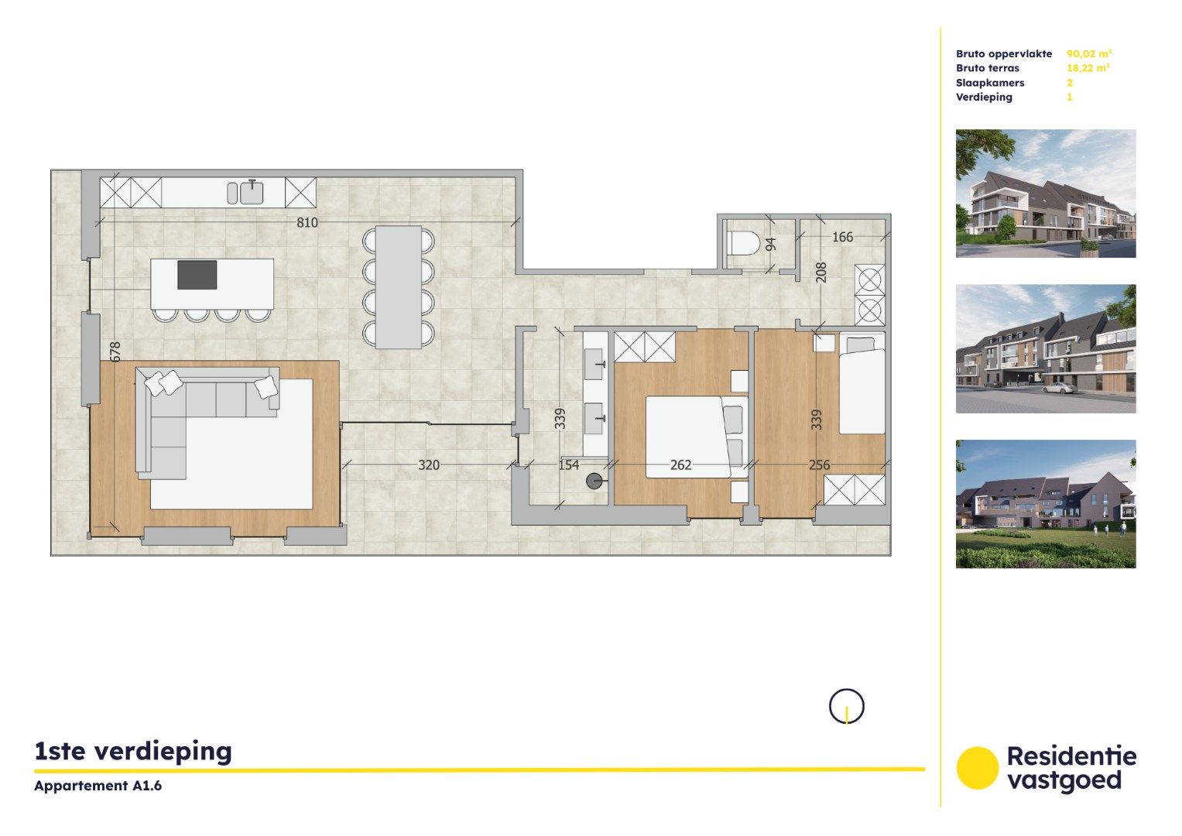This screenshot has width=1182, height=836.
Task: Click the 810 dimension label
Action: [307, 223]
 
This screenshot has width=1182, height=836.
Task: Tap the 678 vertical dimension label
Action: [115, 352]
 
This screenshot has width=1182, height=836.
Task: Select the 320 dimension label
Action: [429, 465]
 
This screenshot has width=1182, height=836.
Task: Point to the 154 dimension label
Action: [569, 465]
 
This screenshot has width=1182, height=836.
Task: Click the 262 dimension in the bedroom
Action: [680, 465]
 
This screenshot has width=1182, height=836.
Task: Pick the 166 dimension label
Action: [842, 237]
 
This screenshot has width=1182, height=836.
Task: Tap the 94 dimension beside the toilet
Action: [770, 245]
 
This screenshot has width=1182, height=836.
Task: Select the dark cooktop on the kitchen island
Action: [197, 275]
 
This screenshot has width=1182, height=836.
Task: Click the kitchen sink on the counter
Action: [251, 192]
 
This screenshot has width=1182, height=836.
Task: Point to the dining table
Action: [398, 286]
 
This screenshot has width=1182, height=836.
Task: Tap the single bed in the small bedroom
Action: [862, 385]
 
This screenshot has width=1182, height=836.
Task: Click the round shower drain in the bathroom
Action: [594, 481]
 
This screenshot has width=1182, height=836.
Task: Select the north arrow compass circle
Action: [846, 706]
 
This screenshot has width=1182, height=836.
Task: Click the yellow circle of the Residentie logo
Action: [978, 768]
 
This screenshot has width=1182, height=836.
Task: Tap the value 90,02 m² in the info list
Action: [1089, 54]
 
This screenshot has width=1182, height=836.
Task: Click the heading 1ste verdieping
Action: [133, 751]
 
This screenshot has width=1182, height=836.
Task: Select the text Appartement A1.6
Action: [98, 786]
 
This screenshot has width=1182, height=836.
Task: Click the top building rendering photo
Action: [1046, 194]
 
